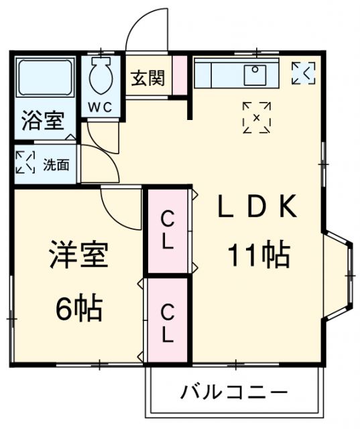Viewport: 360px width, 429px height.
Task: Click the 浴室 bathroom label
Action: coord(43,122)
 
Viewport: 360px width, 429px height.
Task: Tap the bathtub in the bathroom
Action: coord(45,78)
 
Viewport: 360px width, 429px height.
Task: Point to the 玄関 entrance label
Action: coord(147,78)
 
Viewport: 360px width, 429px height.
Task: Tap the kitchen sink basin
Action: coord(255,74)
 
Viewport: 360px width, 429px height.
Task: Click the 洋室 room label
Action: coord(78,257)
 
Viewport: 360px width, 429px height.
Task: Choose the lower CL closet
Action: coord(168,322)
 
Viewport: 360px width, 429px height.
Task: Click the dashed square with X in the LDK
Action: coord(257,117)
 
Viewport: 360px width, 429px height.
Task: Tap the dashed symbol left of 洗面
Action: coord(25,164)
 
